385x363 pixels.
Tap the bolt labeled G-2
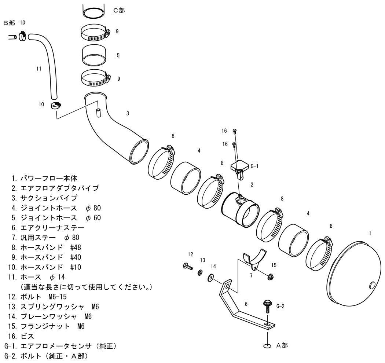coord(267,306)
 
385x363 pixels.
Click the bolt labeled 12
coord(188,266)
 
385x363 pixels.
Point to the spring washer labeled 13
coord(200,272)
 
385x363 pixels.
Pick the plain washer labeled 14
coord(211,278)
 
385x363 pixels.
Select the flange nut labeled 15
coord(270,277)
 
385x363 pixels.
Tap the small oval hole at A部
coord(267,346)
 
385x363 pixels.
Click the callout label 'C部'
coord(119,10)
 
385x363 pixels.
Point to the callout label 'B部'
coord(9,23)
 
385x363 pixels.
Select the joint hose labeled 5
coord(94,55)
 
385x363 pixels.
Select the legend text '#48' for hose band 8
coord(76,247)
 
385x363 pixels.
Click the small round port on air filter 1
coord(373,285)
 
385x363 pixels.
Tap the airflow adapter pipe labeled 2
coord(241,209)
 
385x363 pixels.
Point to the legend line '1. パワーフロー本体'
coord(44,178)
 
